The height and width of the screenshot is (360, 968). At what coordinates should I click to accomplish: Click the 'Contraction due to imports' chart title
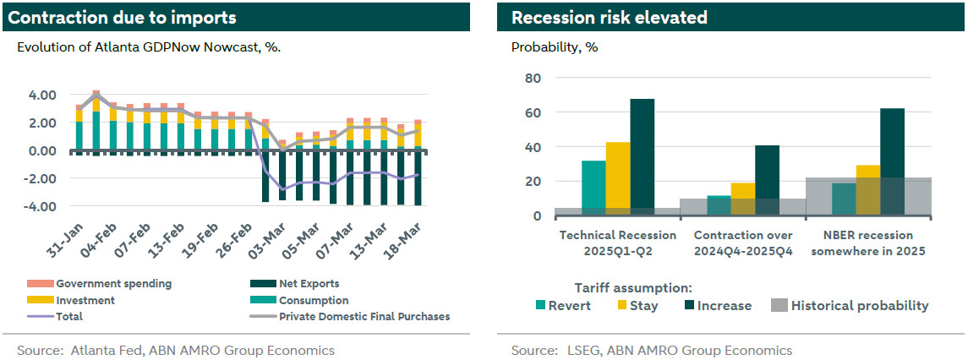(123, 18)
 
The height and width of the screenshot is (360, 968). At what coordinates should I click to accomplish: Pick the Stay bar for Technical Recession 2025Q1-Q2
(617, 178)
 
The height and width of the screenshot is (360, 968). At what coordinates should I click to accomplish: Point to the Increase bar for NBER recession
(892, 161)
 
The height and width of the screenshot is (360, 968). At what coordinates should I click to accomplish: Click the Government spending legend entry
(113, 284)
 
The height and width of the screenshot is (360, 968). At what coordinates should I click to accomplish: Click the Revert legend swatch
(541, 306)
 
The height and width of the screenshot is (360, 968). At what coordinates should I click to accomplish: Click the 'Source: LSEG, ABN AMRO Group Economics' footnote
(651, 350)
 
